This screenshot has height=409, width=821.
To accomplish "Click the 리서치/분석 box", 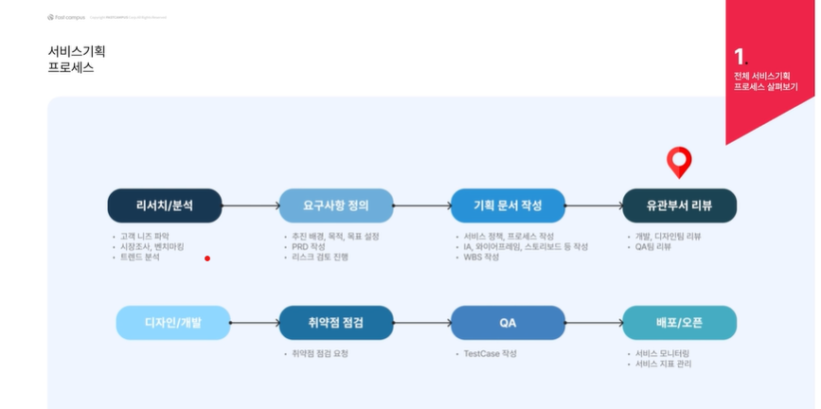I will [165, 204].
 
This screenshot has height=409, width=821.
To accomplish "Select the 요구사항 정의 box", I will [336, 204].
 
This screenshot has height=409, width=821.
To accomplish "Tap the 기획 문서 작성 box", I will [508, 204].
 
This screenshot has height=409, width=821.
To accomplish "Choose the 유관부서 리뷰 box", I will [679, 204].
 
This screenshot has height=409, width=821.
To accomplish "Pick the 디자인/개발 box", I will [172, 322].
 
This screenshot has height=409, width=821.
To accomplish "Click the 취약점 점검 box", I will [336, 322].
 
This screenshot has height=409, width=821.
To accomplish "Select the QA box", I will [508, 322].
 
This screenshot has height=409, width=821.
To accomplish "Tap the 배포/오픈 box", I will [679, 322].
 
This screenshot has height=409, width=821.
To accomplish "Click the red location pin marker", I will [679, 160].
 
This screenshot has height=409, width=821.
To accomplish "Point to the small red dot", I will [207, 258].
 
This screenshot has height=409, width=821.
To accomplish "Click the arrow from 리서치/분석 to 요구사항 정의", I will [250, 204].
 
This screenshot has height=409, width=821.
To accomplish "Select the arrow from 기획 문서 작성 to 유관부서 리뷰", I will [594, 204].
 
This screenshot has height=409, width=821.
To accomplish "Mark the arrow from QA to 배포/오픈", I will [594, 322].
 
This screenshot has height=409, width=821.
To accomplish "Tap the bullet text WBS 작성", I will [480, 257].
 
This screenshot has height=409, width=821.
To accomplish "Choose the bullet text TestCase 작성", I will [490, 353].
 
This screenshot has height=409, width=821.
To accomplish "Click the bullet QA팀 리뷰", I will [652, 246].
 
